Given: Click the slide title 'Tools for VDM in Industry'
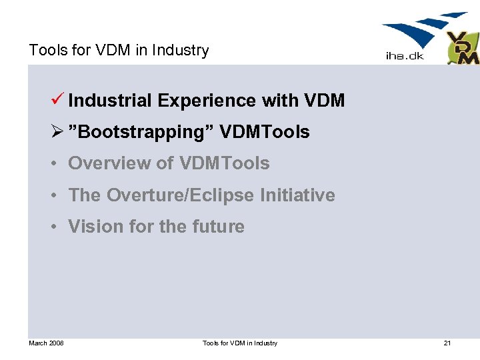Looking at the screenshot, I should pos(119,50).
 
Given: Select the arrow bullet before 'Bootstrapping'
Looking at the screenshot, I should pos(59,132).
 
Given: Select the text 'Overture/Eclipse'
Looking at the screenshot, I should pos(181,195).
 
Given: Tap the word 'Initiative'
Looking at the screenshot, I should pos(297,195).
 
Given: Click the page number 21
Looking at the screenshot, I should pos(447,343).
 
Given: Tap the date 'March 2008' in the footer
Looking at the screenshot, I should pos(46,343).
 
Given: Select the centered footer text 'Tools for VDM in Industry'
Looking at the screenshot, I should pos(240,343).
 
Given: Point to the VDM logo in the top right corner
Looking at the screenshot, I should pos(463,48).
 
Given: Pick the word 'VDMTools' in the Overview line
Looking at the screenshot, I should pos(225,163).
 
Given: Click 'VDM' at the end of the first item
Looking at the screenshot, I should pos(324,101).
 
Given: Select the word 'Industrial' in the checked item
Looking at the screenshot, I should pos(110,101).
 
